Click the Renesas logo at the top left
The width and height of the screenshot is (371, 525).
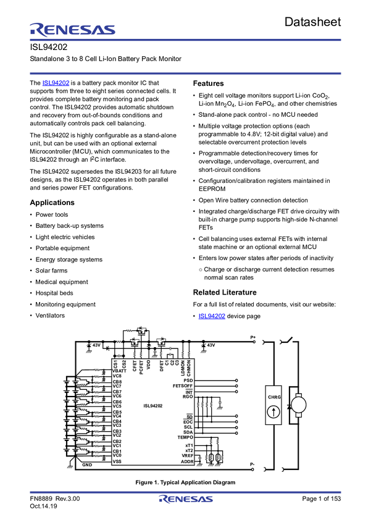(x=72, y=29)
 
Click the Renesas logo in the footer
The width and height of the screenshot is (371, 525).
(x=186, y=499)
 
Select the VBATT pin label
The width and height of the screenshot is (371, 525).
(x=119, y=371)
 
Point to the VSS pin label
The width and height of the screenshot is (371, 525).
(x=117, y=461)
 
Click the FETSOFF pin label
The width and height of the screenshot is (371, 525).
(x=183, y=386)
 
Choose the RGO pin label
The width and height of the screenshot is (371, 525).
(x=188, y=397)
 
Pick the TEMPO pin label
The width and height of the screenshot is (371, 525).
(x=185, y=437)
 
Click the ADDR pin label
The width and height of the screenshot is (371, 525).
(x=187, y=461)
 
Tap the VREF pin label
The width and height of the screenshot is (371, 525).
(x=187, y=456)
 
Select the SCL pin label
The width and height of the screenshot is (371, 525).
(x=188, y=427)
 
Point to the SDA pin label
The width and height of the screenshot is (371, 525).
(x=188, y=432)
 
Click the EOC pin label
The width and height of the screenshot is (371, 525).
(x=188, y=422)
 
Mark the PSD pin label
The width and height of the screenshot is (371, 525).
(x=188, y=380)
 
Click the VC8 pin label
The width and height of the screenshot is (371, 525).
(x=117, y=376)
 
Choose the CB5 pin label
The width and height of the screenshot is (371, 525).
(x=117, y=412)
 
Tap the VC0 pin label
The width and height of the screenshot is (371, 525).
(x=117, y=455)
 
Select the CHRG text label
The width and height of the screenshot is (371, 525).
(x=273, y=397)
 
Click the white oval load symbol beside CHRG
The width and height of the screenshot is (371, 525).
(x=298, y=405)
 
